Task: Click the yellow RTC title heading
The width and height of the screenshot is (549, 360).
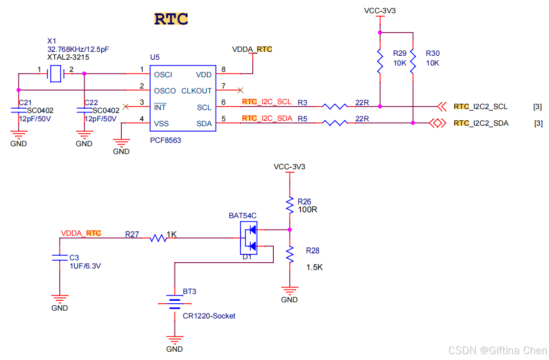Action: coord(171,19)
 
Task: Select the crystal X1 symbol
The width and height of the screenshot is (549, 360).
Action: coord(56,74)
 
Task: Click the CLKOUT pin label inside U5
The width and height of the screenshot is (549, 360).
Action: coord(197,90)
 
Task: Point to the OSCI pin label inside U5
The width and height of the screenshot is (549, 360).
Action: coord(163,75)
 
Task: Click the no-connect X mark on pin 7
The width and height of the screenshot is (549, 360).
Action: coord(240,90)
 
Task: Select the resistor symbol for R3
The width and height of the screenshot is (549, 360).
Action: coord(335,106)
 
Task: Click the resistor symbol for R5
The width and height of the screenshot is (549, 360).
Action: coord(335,123)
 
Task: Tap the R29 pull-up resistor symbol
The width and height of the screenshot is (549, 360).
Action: coord(379,61)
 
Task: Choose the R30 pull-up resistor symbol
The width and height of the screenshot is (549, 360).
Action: coord(413,61)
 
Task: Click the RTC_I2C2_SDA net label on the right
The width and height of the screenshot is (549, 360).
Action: coord(481,123)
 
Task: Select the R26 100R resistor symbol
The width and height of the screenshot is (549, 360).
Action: coord(290,204)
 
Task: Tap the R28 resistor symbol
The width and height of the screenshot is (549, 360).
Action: coord(290,254)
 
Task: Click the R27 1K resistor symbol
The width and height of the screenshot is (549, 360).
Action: coord(158,238)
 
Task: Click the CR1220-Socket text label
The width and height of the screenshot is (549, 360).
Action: coord(209,316)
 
